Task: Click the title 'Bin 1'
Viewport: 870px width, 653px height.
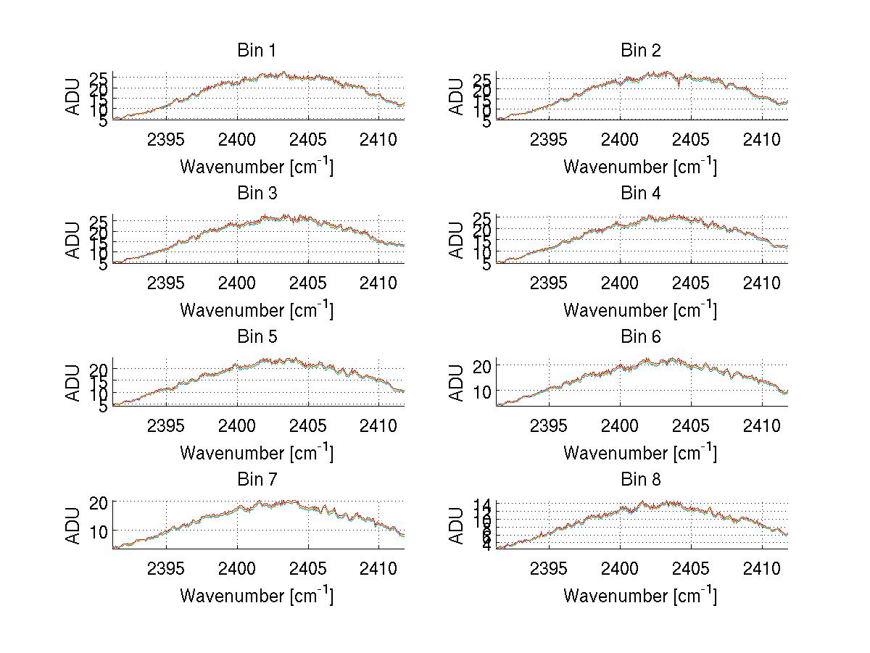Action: [257, 51]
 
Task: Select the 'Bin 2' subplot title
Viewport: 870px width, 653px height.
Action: [640, 51]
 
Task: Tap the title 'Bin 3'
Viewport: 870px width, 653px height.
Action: [257, 194]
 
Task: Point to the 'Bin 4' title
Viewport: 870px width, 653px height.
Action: [640, 194]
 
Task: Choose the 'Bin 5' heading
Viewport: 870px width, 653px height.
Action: [257, 337]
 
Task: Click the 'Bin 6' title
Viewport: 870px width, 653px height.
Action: [640, 337]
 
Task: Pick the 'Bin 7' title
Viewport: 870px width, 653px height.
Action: [257, 480]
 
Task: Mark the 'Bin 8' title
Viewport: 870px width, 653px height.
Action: [640, 480]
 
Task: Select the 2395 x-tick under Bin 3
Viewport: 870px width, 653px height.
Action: [166, 282]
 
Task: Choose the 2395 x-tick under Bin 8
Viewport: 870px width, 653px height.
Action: [549, 567]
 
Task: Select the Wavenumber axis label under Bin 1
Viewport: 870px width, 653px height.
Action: [257, 167]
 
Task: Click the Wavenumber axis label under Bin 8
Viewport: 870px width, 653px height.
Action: [640, 596]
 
